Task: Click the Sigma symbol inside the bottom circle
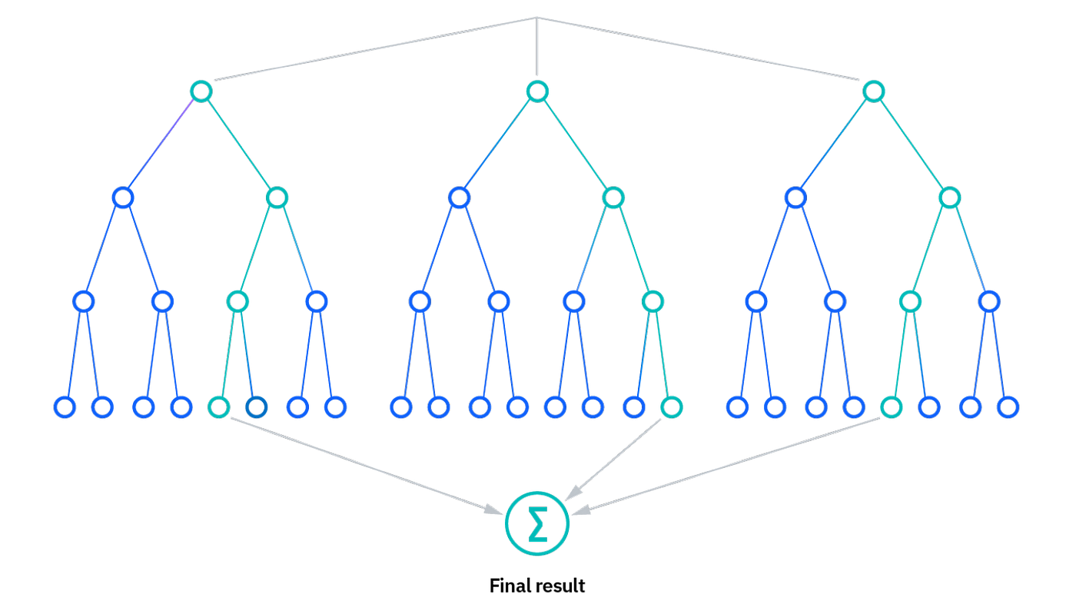pyautogui.click(x=537, y=524)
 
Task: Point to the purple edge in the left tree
pyautogui.click(x=161, y=144)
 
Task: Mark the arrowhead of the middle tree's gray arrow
pyautogui.click(x=573, y=493)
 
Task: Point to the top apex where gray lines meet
pyautogui.click(x=536, y=18)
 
